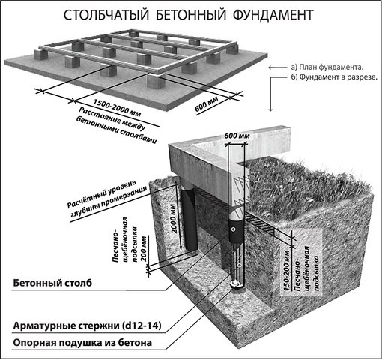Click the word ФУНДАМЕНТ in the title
(273, 15)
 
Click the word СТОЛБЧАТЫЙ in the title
(106, 15)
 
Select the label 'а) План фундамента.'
(327, 67)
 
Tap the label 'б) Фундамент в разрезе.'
(334, 77)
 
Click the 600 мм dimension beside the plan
(207, 103)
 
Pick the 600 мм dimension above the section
(237, 136)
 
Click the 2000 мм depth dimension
(174, 218)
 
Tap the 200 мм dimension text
(144, 248)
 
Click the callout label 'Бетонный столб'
(52, 283)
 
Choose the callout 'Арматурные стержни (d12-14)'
(87, 326)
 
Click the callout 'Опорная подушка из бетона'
(82, 343)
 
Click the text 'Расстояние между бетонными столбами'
(117, 125)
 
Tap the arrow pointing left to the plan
(278, 67)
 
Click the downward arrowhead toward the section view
(270, 109)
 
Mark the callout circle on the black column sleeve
(234, 229)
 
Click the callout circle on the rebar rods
(240, 265)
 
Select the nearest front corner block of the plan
(156, 81)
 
